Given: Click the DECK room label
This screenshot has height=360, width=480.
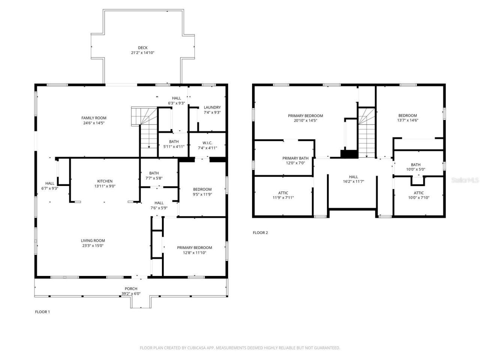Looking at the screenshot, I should [142, 48].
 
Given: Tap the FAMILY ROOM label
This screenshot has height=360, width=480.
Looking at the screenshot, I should [94, 118].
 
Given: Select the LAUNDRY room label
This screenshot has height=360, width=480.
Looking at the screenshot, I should [212, 107].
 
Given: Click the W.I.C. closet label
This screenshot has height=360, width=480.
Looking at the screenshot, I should [207, 143].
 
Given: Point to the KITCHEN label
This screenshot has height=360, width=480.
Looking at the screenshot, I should [105, 181].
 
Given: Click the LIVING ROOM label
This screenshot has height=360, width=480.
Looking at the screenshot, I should [93, 241].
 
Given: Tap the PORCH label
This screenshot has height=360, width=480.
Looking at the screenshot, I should [131, 288].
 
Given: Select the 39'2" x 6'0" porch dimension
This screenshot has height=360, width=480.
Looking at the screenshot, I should [131, 294].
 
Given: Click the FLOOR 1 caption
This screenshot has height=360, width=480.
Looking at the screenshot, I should [42, 312].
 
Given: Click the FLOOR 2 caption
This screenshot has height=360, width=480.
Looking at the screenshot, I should [260, 232].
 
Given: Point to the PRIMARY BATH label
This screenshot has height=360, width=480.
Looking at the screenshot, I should [295, 158].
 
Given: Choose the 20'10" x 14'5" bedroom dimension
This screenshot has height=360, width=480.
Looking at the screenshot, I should [305, 121].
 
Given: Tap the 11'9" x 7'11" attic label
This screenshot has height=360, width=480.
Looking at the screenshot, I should [283, 198].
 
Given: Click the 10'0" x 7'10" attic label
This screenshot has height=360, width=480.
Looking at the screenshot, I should [418, 198].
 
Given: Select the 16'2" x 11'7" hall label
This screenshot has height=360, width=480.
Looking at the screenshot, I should [353, 181].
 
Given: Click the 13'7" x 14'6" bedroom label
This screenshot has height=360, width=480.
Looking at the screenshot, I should [407, 120].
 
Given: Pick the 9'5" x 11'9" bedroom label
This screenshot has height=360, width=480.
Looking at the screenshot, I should [202, 194].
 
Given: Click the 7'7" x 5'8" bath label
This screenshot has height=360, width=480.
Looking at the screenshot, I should [154, 178].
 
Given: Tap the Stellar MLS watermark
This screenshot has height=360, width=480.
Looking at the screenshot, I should [465, 180].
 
